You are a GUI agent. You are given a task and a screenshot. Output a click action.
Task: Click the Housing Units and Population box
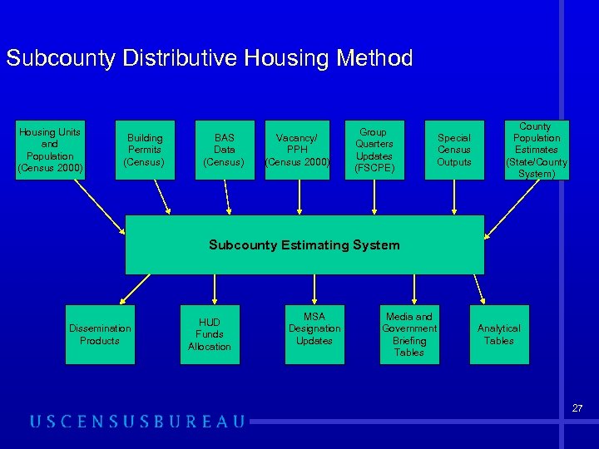(50, 150)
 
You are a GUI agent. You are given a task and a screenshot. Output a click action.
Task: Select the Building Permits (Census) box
(145, 150)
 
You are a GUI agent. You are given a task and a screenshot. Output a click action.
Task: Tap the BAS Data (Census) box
(224, 150)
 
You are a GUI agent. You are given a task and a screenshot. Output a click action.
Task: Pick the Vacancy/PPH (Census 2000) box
(297, 150)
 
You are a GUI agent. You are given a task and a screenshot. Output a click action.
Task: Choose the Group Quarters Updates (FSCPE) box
(374, 150)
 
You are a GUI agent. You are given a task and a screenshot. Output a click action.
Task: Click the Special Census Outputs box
(453, 150)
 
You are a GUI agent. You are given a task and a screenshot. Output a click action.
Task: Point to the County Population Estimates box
(535, 150)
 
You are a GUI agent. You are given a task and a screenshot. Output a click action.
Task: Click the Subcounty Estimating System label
(304, 244)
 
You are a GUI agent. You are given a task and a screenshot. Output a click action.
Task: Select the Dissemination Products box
(100, 334)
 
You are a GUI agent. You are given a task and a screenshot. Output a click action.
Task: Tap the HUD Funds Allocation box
(210, 334)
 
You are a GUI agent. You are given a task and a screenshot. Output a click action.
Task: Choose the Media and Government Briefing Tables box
(409, 334)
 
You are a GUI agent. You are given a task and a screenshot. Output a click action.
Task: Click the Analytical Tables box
(499, 334)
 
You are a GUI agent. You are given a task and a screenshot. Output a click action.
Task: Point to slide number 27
(577, 408)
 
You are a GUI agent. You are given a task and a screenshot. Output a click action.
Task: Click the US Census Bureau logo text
(137, 422)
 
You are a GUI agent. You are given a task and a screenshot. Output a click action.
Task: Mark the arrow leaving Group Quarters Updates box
(374, 197)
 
